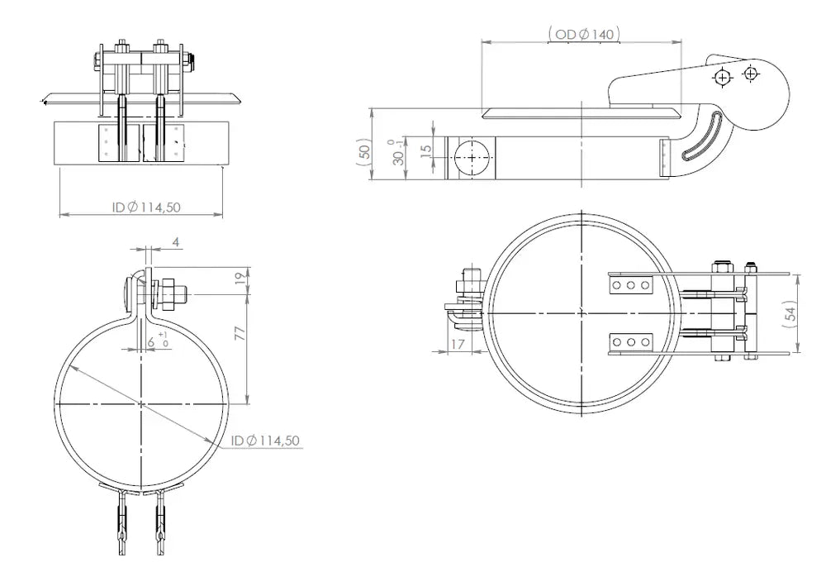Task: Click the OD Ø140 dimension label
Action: pyautogui.click(x=585, y=34)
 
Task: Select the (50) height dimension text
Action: pyautogui.click(x=364, y=151)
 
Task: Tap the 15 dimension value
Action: pyautogui.click(x=426, y=149)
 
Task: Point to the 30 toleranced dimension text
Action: pyautogui.click(x=399, y=152)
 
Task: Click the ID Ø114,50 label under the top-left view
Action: pyautogui.click(x=146, y=207)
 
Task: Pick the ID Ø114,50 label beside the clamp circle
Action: pyautogui.click(x=265, y=441)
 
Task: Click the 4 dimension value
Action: pyautogui.click(x=177, y=242)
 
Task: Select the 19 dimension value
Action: pyautogui.click(x=240, y=279)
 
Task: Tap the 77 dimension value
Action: pyautogui.click(x=240, y=333)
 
